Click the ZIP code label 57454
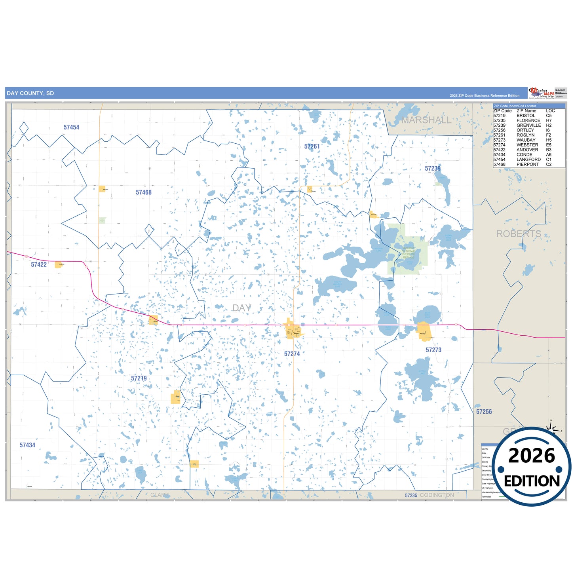(x=71, y=127)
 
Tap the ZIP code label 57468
(x=144, y=192)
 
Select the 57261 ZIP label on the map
(x=312, y=146)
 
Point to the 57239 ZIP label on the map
(x=433, y=169)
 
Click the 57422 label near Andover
(x=39, y=264)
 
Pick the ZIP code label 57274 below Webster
(x=292, y=354)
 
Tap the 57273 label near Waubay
(x=433, y=350)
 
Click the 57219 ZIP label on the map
(x=139, y=378)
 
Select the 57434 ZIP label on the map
(x=27, y=445)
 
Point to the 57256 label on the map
(x=484, y=412)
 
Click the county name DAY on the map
(x=241, y=308)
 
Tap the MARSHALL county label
(x=426, y=120)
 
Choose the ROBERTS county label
(x=519, y=234)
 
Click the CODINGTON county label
(x=437, y=495)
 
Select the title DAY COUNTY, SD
(x=30, y=93)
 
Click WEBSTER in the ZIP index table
(x=527, y=145)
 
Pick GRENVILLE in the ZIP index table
(x=528, y=125)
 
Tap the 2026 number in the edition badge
(x=532, y=456)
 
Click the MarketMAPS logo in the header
(x=541, y=93)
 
